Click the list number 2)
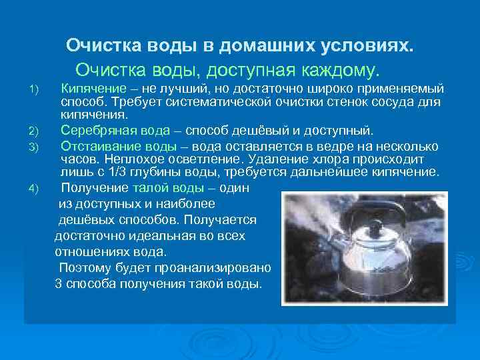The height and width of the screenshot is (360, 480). pos(35,131)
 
